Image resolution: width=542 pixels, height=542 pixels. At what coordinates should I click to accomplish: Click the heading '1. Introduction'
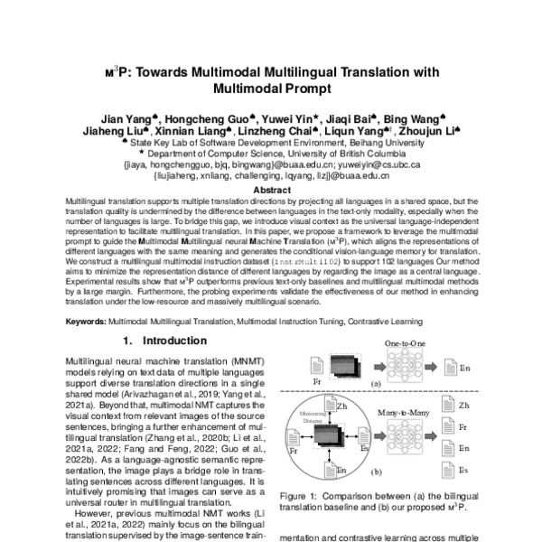click(164, 341)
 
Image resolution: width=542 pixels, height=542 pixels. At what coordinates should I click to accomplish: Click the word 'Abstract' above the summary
click(271, 191)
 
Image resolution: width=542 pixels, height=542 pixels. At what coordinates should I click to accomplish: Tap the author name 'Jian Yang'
click(125, 118)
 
